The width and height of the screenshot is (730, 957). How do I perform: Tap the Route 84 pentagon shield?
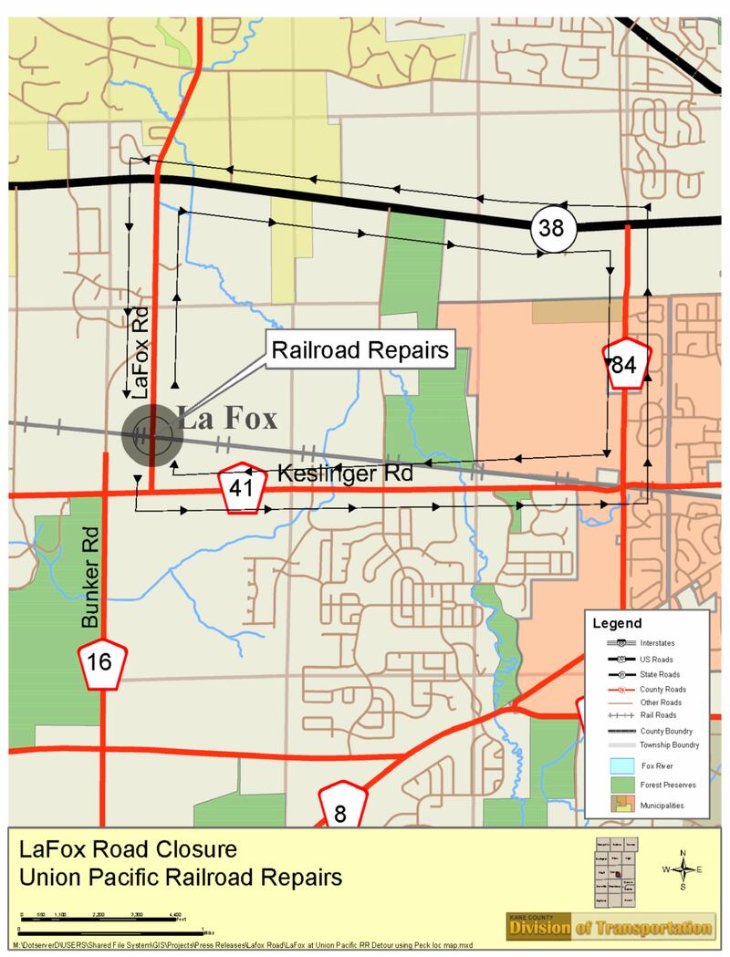tap(623, 366)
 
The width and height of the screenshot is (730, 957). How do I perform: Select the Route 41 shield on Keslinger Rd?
tap(241, 490)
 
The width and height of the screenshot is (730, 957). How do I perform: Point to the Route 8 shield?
tap(341, 809)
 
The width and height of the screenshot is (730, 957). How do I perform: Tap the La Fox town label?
tap(227, 421)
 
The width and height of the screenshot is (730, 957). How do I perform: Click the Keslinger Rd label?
tap(344, 473)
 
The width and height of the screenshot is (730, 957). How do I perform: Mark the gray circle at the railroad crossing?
tap(152, 435)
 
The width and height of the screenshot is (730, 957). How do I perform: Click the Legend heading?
tap(618, 624)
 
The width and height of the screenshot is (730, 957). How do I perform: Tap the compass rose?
tap(683, 869)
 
